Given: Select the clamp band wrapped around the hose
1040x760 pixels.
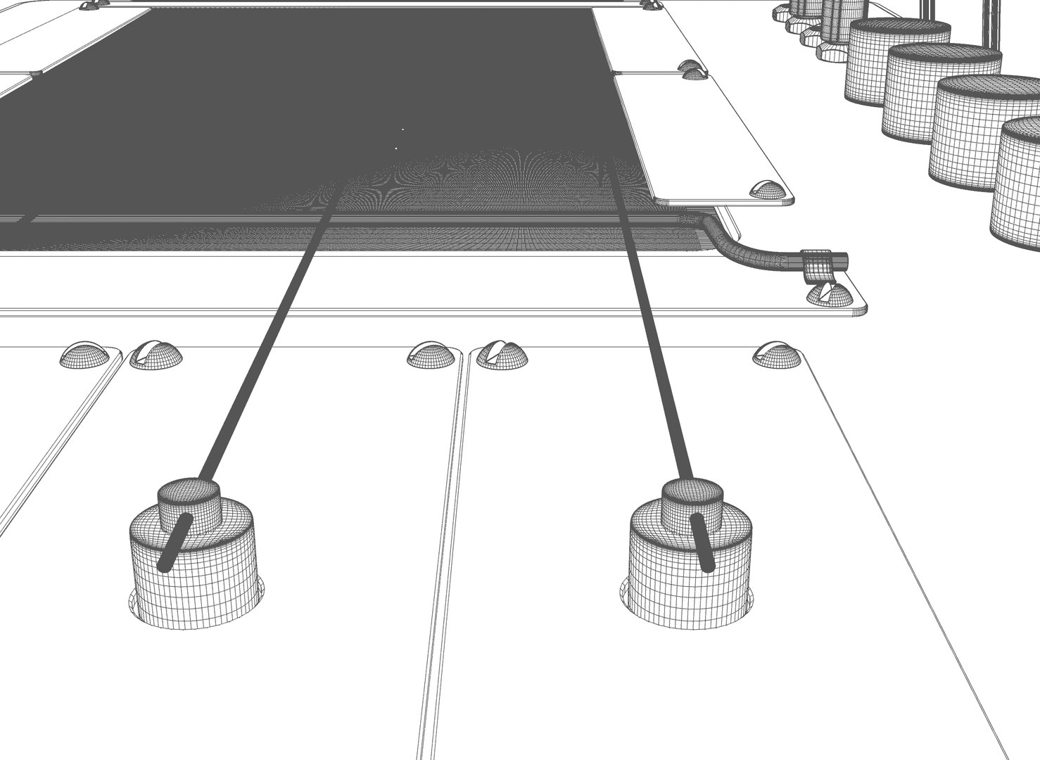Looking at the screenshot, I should click(x=817, y=264).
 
